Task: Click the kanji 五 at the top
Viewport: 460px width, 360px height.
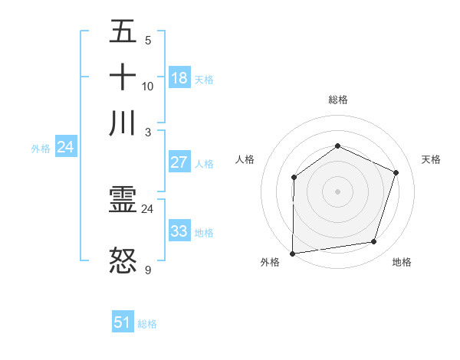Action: tap(123, 31)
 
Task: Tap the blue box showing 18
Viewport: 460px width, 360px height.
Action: tap(179, 77)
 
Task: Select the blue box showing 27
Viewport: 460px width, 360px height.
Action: tap(179, 162)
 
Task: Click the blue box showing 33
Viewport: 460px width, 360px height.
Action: tap(179, 231)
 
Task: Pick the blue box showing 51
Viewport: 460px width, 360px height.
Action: tap(123, 322)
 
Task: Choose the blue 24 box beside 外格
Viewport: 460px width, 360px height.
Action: tap(66, 147)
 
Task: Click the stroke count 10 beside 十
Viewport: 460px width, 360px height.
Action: tap(148, 86)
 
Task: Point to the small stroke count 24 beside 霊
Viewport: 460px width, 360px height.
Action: tap(148, 208)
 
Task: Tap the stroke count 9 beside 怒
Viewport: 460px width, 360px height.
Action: tap(148, 270)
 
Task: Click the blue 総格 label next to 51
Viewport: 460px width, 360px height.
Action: tap(147, 324)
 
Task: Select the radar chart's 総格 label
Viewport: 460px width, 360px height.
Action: tap(338, 100)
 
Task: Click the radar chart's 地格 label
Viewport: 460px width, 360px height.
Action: tap(402, 262)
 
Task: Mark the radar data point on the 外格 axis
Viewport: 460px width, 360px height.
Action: tap(292, 254)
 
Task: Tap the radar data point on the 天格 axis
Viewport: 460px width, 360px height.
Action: tap(396, 172)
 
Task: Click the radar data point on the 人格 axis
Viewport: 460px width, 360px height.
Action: tap(294, 178)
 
